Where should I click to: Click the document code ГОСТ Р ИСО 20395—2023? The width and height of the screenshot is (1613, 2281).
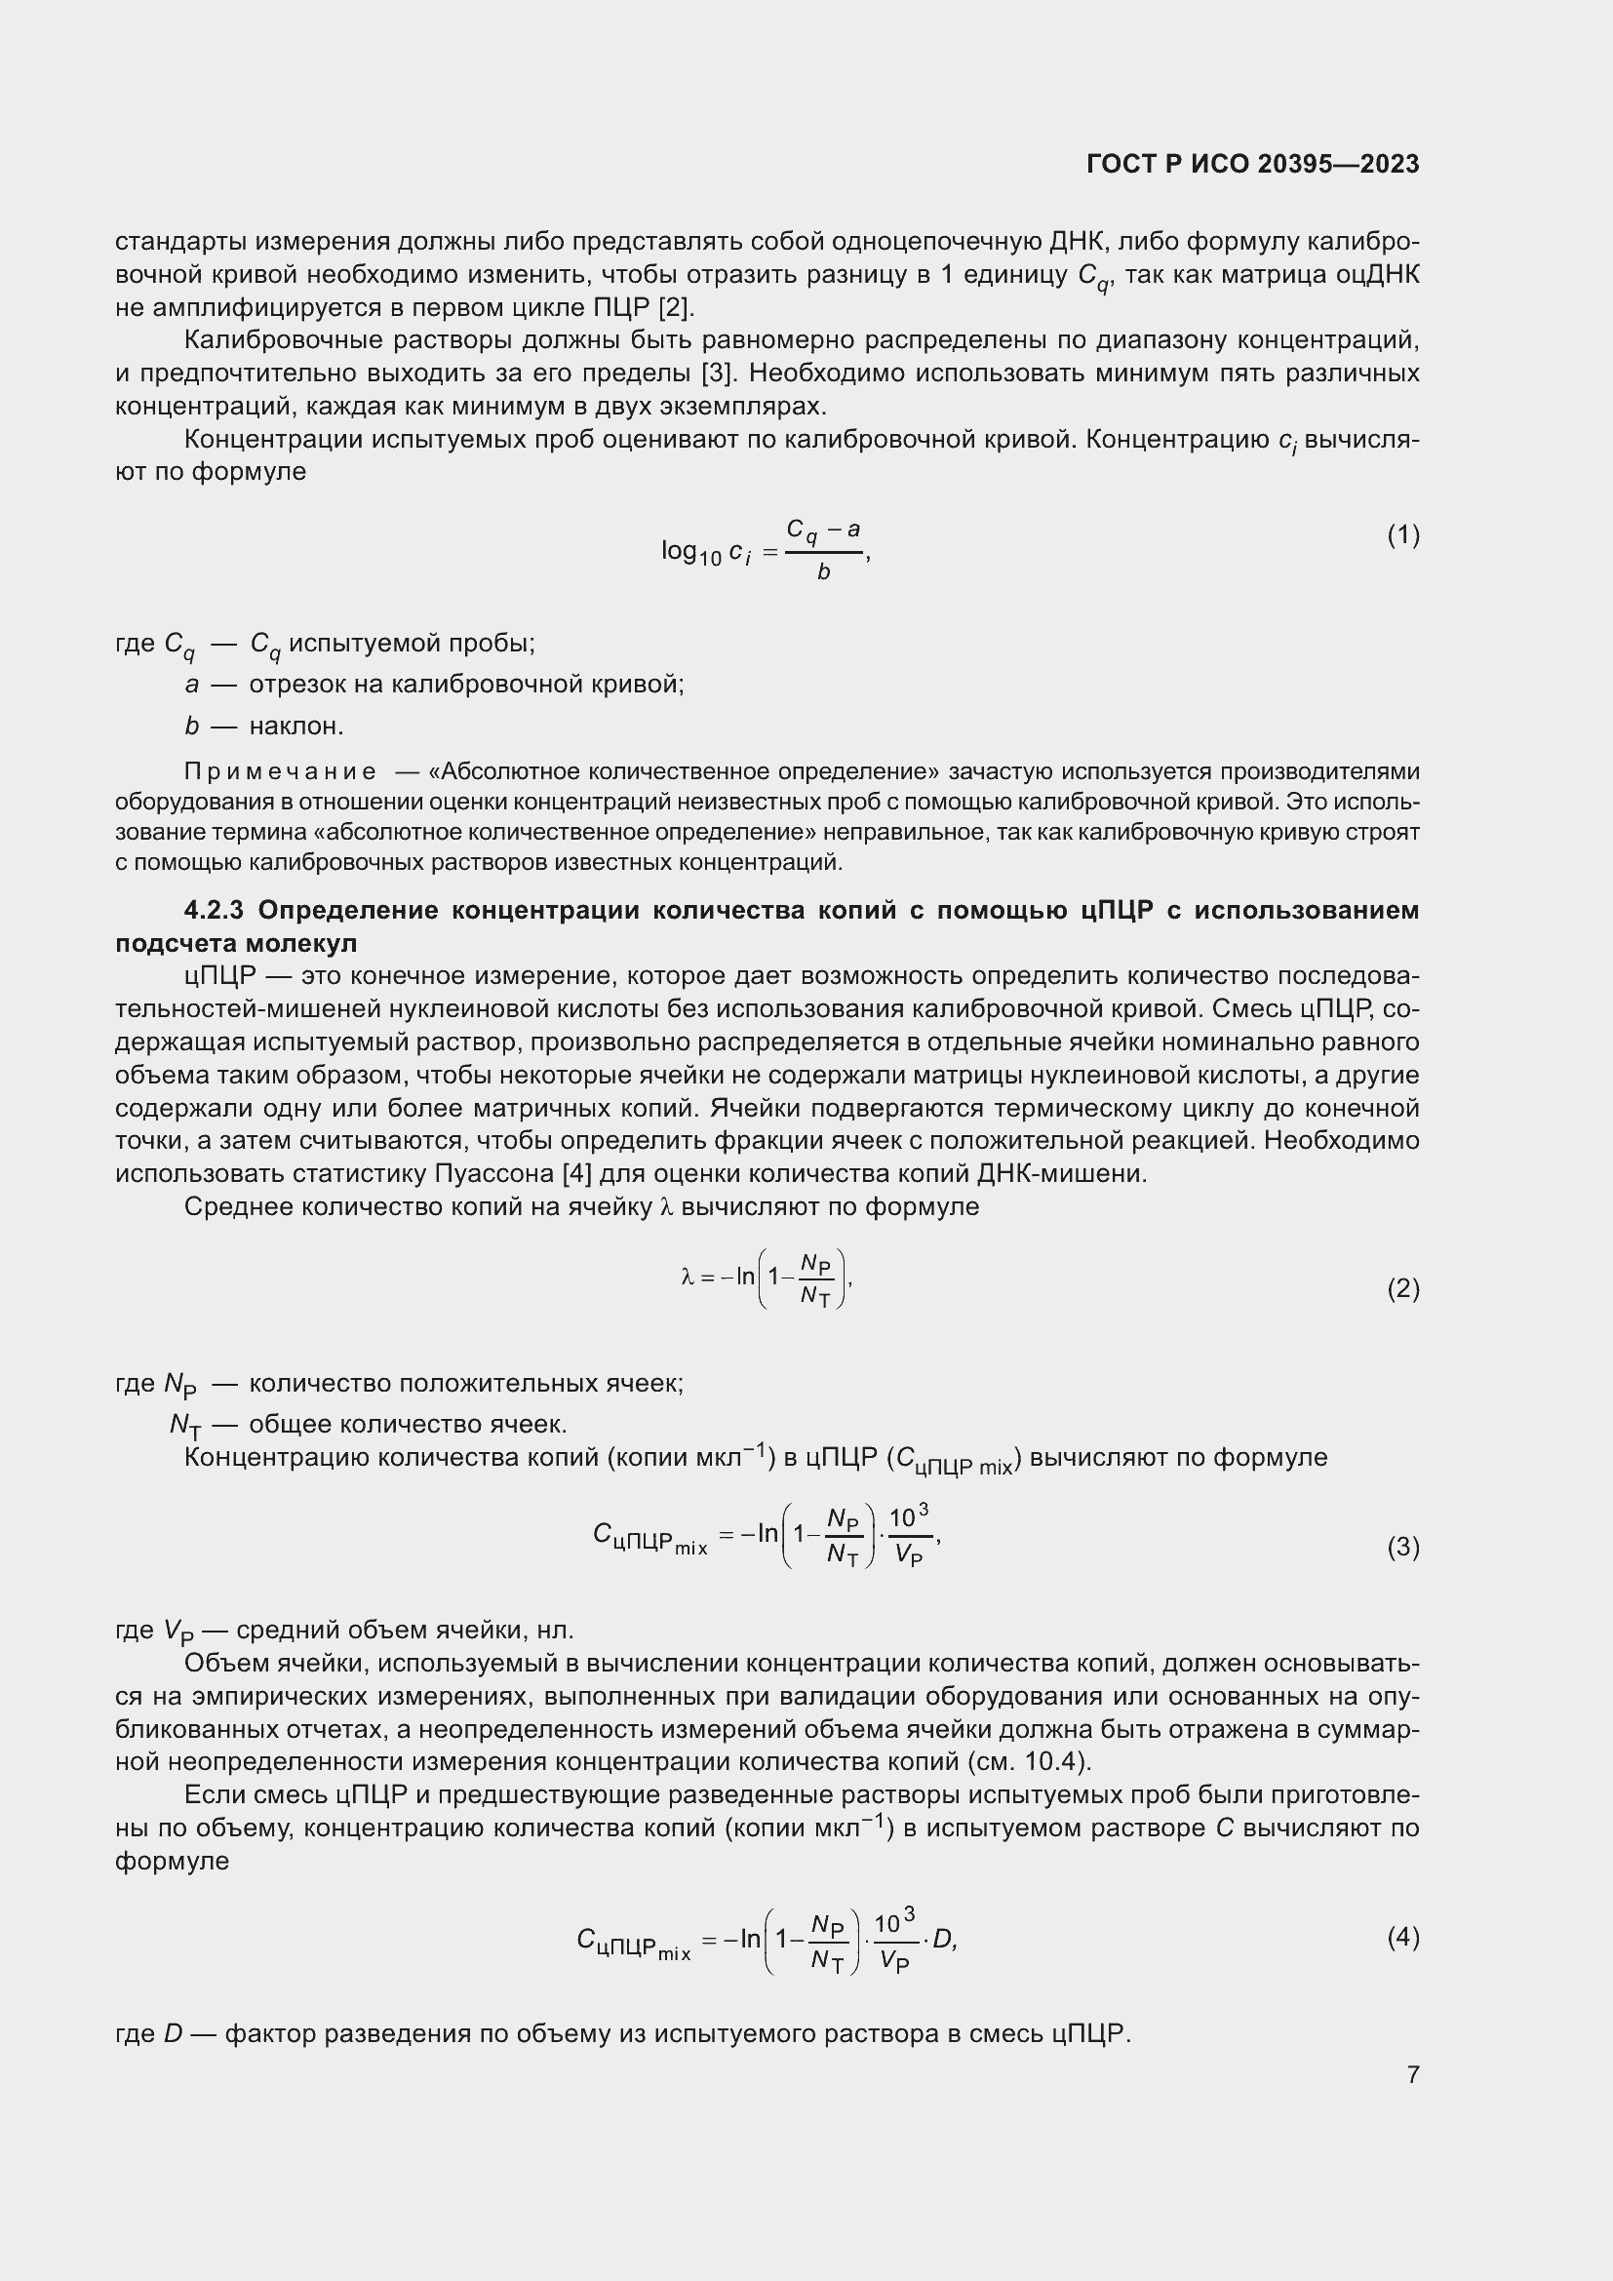(x=1252, y=164)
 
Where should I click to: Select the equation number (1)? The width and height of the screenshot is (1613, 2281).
(x=1402, y=535)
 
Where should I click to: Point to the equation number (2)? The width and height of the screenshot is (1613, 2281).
(x=1402, y=1288)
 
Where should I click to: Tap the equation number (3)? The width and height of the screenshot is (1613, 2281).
(x=1402, y=1547)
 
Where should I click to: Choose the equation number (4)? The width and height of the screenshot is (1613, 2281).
(x=1402, y=1937)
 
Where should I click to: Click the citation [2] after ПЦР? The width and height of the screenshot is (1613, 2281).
(x=677, y=307)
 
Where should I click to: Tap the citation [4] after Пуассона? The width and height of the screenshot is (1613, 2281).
(x=577, y=1173)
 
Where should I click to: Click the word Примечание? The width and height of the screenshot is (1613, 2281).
(x=280, y=772)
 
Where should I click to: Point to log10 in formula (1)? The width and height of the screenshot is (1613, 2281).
(x=690, y=551)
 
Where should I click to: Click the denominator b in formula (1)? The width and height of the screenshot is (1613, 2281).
(x=823, y=573)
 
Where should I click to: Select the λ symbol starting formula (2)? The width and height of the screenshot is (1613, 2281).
(x=687, y=1278)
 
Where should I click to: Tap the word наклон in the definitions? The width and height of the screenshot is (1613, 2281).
(x=294, y=727)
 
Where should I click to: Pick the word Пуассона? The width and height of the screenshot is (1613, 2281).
(x=494, y=1173)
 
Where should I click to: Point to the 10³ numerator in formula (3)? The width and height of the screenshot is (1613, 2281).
(x=908, y=1516)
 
